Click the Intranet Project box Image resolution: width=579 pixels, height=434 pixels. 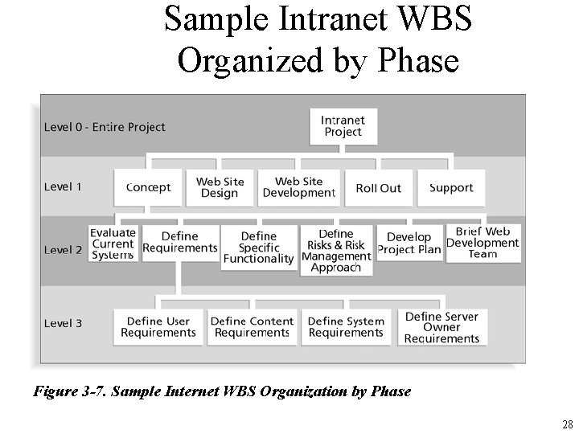343,126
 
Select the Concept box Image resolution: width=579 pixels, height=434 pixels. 149,187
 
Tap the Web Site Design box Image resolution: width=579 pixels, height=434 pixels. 220,187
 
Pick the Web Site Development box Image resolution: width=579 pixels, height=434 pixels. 298,187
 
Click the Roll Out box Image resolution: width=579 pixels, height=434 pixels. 378,187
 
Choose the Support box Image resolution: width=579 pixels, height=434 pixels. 451,187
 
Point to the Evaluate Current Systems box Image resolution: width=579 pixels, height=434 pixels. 113,244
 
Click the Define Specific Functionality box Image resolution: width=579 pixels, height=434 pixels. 258,248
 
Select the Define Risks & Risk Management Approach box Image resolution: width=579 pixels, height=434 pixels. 336,250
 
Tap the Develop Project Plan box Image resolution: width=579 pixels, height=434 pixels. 409,244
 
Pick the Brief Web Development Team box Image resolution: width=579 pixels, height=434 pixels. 482,243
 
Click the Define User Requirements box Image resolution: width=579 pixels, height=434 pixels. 158,327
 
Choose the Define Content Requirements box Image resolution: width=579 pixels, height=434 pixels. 252,327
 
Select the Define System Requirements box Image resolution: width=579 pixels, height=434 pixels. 346,327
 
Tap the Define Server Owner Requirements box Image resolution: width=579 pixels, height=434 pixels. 441,327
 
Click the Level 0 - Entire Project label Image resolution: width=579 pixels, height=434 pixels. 105,127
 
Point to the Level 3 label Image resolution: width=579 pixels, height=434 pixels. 63,323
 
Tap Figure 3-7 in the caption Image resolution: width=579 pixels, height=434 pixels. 70,392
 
